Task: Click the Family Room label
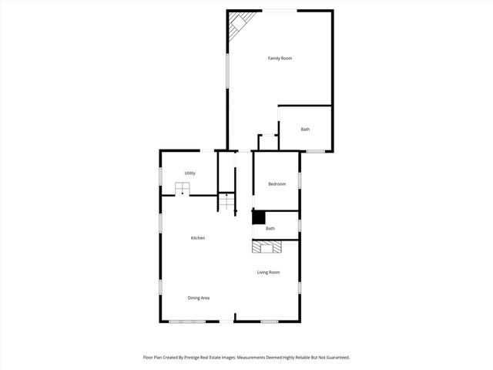tap(280, 59)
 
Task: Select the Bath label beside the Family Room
tap(305, 129)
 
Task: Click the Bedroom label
tap(277, 183)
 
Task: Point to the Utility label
tap(189, 173)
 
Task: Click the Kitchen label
tap(198, 238)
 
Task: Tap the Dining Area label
tap(199, 298)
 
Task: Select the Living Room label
tap(268, 272)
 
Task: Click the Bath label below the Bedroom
tap(270, 228)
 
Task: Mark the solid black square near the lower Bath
tap(259, 218)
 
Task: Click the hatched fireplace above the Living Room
tap(267, 247)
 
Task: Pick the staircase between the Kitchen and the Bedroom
tap(226, 203)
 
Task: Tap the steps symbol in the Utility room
tap(183, 188)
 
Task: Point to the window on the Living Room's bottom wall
tap(269, 321)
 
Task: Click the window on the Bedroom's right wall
tap(299, 180)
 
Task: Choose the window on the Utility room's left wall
tap(160, 176)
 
